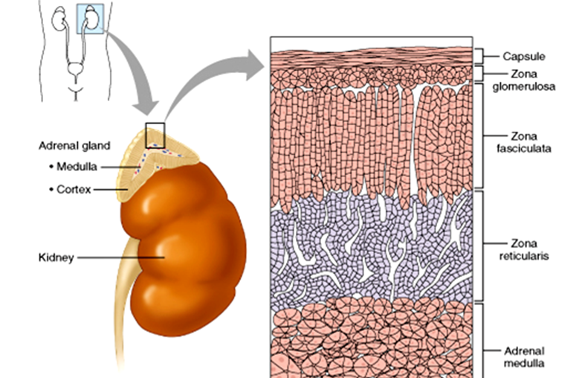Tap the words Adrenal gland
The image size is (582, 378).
point(74,145)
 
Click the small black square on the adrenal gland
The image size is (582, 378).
point(155,131)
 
